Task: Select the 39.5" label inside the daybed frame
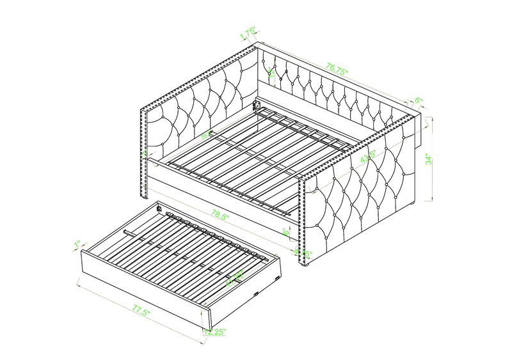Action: (x=206, y=136)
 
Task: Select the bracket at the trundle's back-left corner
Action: (x=158, y=207)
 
